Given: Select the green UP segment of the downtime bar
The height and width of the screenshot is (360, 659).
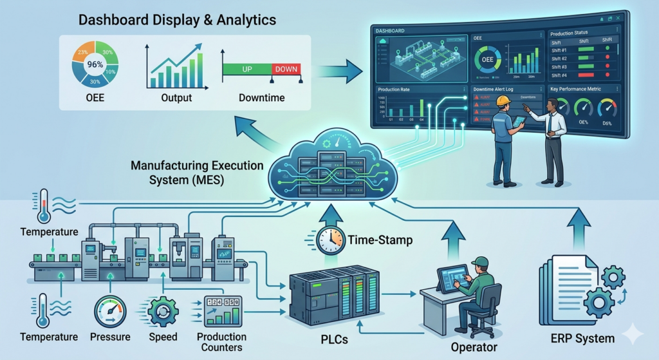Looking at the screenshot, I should (x=246, y=68).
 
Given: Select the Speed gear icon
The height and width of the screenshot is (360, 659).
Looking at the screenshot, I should (x=163, y=312).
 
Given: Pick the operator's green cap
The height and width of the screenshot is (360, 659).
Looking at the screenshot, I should (x=479, y=261).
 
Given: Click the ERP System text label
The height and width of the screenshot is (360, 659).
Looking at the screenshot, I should (x=581, y=338).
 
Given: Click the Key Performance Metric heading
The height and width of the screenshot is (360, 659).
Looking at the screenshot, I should (x=576, y=89).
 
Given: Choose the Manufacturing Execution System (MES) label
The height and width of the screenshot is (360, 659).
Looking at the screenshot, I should (x=197, y=173).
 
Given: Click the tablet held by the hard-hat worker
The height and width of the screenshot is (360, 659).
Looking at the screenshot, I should (x=518, y=121).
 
